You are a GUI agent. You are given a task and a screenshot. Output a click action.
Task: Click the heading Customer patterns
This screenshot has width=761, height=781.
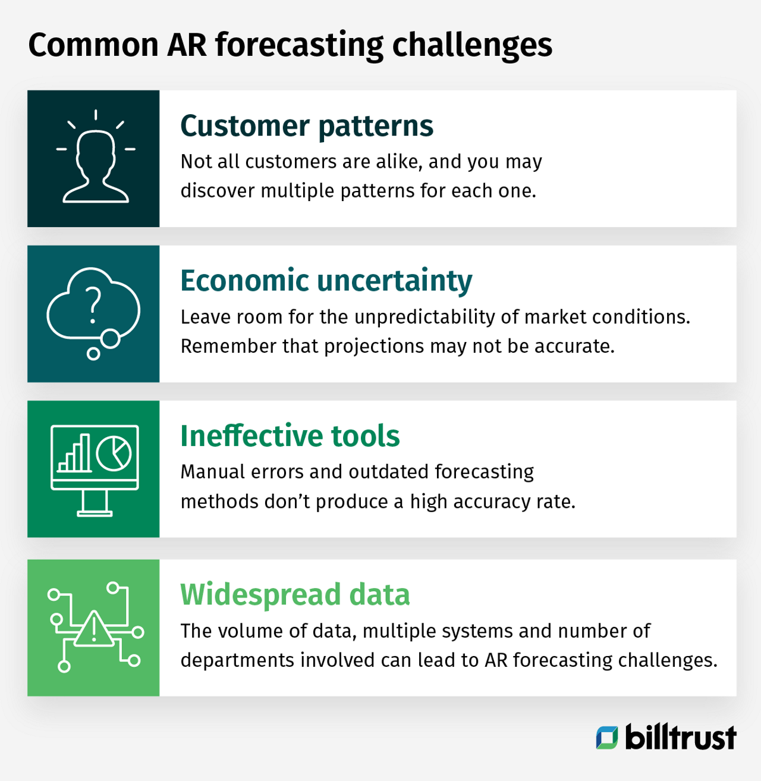point(307,126)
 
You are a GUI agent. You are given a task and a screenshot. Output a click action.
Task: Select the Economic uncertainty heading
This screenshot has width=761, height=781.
point(326,281)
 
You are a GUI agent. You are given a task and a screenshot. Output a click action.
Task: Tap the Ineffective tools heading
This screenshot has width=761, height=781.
point(290,436)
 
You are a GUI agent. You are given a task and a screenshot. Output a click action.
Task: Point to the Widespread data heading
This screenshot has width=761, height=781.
point(295,595)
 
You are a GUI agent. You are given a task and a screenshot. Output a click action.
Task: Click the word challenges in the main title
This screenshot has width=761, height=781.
point(472,45)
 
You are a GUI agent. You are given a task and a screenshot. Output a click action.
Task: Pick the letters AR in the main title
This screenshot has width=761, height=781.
point(187,45)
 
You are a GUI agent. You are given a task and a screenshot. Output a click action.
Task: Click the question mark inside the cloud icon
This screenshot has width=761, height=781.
point(93,305)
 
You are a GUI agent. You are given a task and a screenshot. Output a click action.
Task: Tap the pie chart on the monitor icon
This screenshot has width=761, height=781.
point(114,453)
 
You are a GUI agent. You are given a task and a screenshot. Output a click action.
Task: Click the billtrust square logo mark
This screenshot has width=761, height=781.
point(607,738)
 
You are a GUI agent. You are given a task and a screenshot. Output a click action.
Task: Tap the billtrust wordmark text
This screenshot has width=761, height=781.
point(681,738)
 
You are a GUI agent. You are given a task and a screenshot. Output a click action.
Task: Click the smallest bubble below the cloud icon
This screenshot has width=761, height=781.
point(93,354)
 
